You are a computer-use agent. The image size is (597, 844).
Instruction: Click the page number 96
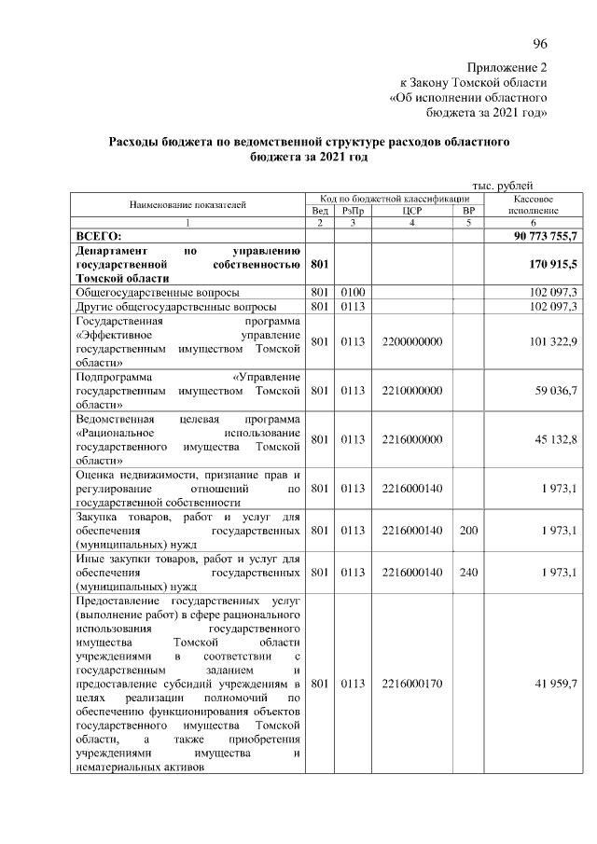click(x=539, y=44)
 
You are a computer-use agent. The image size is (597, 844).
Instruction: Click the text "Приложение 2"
click(x=507, y=67)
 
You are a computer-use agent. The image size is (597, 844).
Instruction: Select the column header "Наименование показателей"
click(x=187, y=204)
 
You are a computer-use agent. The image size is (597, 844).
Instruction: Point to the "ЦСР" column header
click(x=412, y=211)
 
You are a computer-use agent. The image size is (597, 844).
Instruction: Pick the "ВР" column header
click(x=468, y=211)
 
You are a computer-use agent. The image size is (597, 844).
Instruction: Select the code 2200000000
click(x=412, y=341)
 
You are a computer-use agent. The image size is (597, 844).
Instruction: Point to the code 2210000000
click(x=412, y=390)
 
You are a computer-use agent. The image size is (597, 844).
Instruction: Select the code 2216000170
click(x=412, y=684)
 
